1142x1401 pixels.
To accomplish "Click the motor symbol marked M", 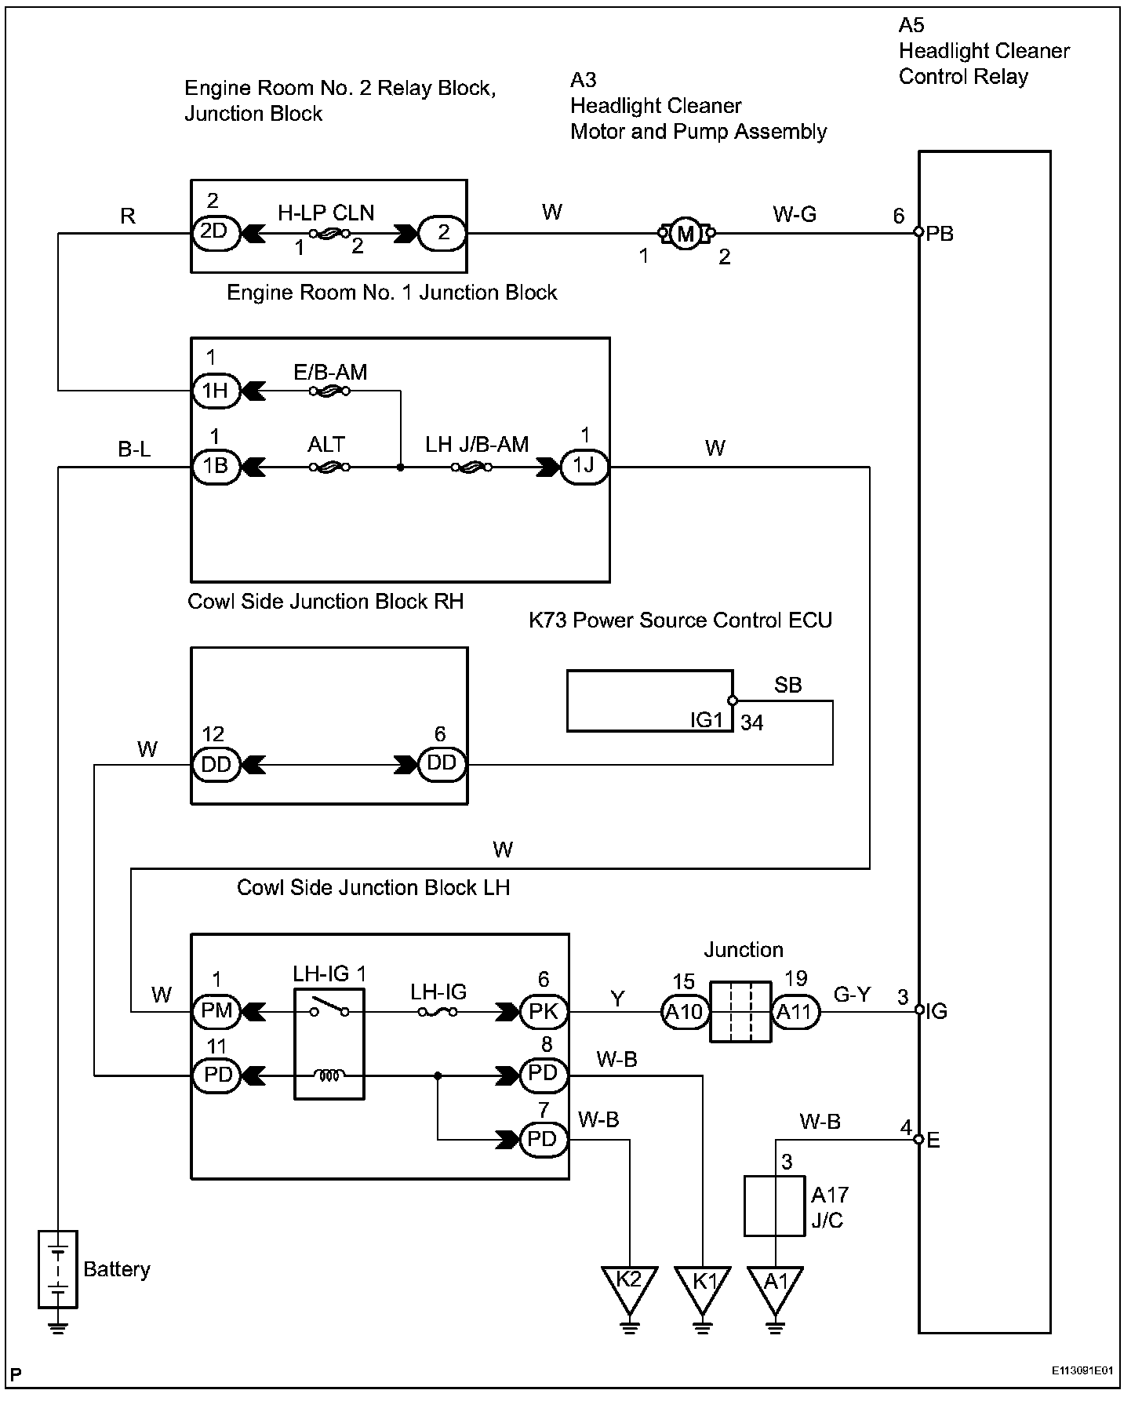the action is [686, 233].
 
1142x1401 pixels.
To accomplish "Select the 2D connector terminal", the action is [215, 233].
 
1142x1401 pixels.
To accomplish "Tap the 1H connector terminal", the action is [215, 390].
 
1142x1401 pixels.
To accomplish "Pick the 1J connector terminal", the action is [584, 467].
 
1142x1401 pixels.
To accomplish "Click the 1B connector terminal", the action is [215, 467].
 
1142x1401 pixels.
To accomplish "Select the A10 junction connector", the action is [685, 1012].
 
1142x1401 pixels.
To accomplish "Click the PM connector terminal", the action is [216, 1011].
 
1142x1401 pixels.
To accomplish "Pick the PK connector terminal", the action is [543, 1011].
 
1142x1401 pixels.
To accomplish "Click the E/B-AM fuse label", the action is [330, 371].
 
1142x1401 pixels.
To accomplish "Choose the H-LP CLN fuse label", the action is [326, 213].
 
